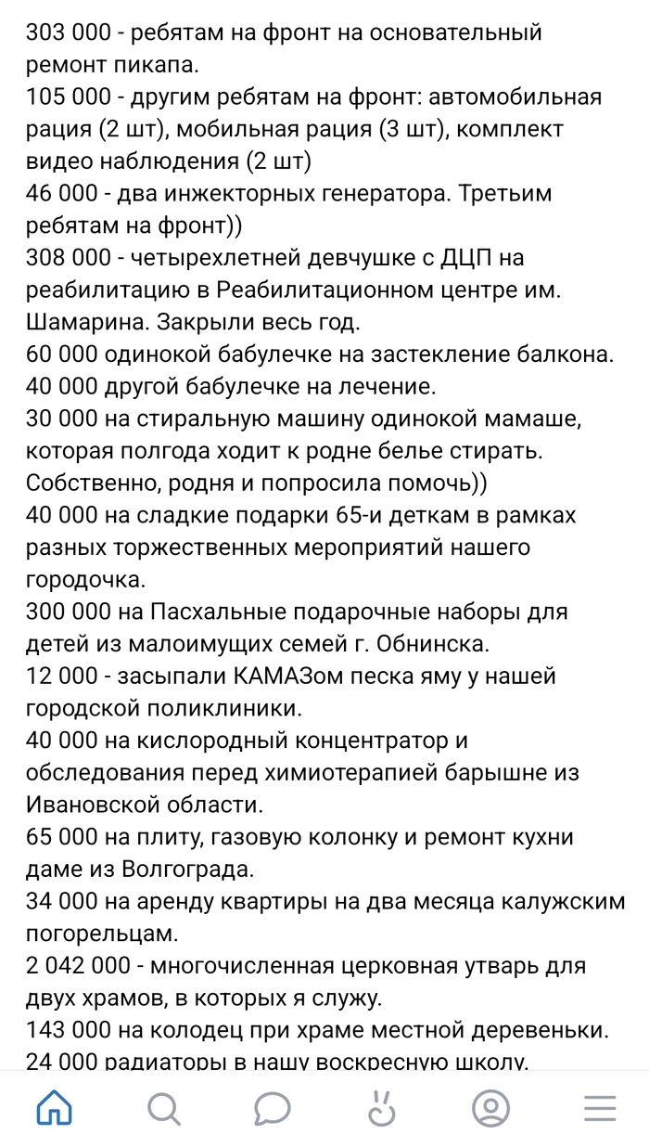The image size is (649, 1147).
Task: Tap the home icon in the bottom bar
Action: [x=54, y=1107]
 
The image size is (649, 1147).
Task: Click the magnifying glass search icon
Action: [x=163, y=1107]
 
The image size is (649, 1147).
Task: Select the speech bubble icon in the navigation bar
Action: [x=274, y=1107]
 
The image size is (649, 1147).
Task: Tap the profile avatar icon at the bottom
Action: [x=490, y=1107]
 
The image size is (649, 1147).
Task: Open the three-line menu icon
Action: [x=600, y=1107]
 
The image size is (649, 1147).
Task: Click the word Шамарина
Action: [x=84, y=322]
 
